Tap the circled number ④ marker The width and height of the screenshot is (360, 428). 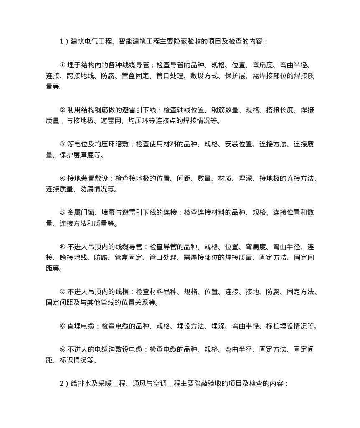click(63, 178)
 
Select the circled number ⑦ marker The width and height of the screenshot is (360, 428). click(63, 292)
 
